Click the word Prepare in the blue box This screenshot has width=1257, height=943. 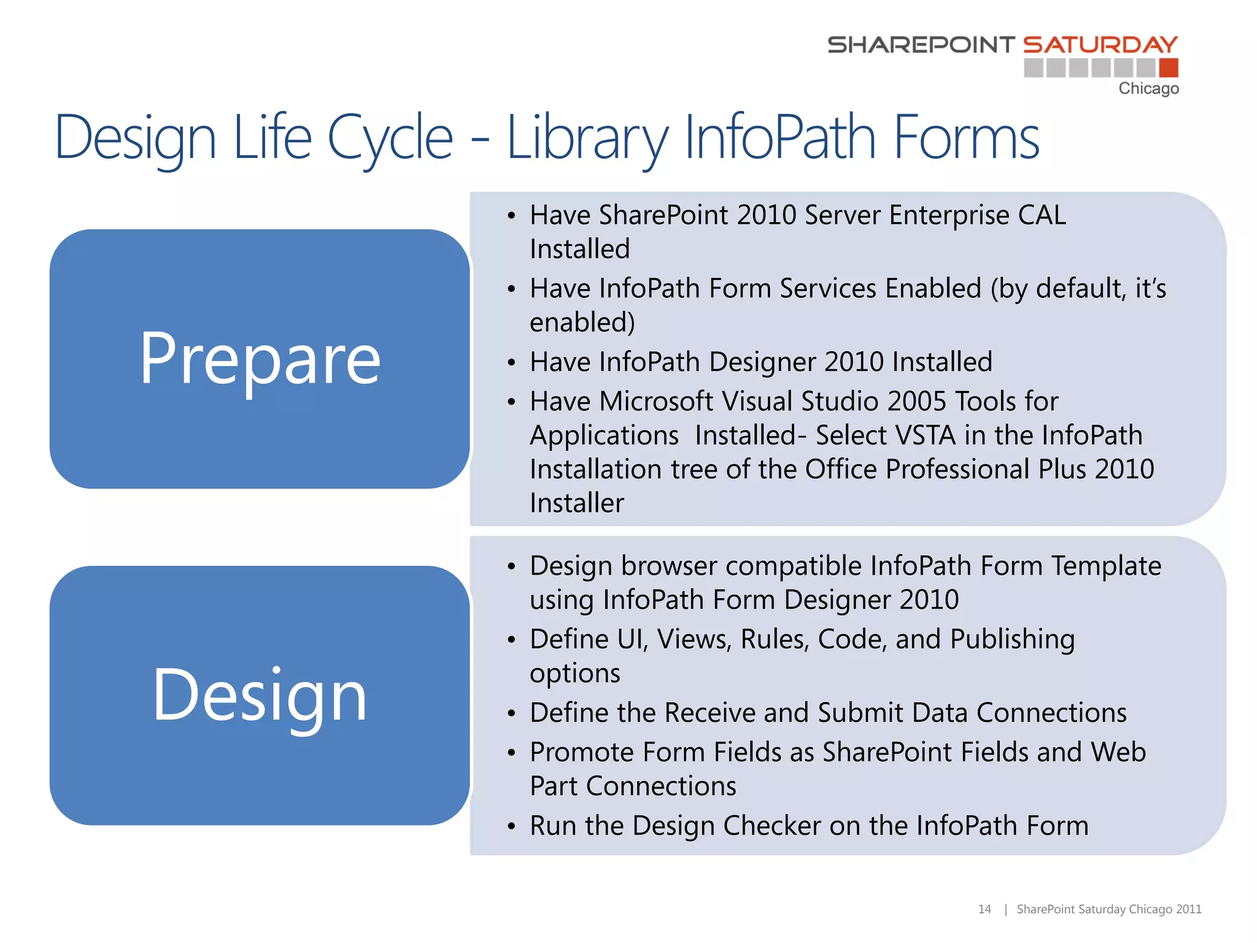coord(260,359)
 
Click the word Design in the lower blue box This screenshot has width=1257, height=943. coord(260,696)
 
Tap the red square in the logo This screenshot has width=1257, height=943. coord(1169,68)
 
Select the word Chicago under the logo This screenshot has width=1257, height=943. coord(1148,88)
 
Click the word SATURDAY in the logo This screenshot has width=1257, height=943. coord(1100,45)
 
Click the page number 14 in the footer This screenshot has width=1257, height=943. coord(984,909)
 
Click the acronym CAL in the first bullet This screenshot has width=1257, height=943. coord(1042,215)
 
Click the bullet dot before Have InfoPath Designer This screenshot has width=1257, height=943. coord(511,363)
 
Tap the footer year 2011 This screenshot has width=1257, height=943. coord(1189,909)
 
